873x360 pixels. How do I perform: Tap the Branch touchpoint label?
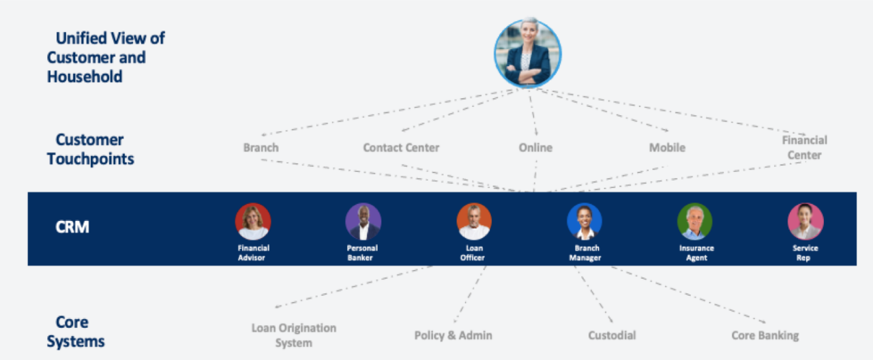pyautogui.click(x=261, y=147)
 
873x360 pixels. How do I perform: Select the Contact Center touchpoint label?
pyautogui.click(x=401, y=147)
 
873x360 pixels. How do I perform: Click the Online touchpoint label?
pyautogui.click(x=535, y=147)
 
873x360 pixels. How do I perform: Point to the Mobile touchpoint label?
pyautogui.click(x=667, y=147)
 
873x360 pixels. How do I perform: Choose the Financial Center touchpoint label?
pyautogui.click(x=805, y=147)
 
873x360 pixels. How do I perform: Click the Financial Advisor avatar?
pyautogui.click(x=253, y=222)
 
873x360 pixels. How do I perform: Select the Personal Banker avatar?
pyautogui.click(x=363, y=222)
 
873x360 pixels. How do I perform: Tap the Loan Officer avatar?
pyautogui.click(x=474, y=222)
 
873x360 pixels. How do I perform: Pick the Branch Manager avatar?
pyautogui.click(x=585, y=222)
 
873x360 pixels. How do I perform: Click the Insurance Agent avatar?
pyautogui.click(x=695, y=222)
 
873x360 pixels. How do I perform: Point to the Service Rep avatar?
pyautogui.click(x=805, y=222)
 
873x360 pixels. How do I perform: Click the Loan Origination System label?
pyautogui.click(x=294, y=335)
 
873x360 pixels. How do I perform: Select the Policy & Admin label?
pyautogui.click(x=453, y=335)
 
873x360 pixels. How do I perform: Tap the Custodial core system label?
pyautogui.click(x=612, y=335)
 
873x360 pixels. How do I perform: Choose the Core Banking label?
pyautogui.click(x=765, y=335)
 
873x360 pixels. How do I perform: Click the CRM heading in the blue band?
pyautogui.click(x=72, y=227)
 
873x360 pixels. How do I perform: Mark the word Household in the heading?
pyautogui.click(x=85, y=76)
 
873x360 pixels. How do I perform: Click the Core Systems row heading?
pyautogui.click(x=76, y=331)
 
